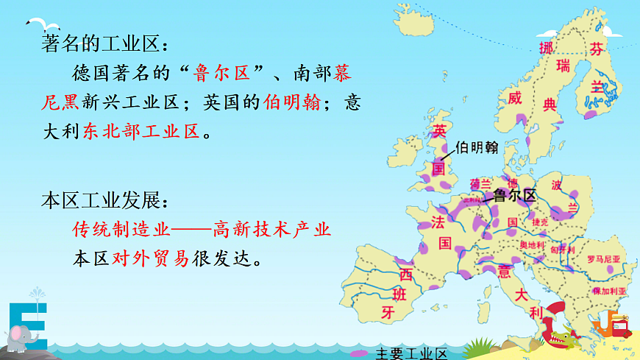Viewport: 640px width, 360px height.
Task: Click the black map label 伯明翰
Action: [x=477, y=147]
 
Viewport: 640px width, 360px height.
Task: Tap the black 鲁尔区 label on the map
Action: [x=515, y=195]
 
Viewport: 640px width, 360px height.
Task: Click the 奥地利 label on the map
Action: [x=531, y=244]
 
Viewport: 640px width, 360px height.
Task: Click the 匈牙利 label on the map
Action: [x=562, y=249]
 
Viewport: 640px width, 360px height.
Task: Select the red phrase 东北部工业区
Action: [x=141, y=132]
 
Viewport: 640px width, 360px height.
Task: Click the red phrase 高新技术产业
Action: [x=272, y=229]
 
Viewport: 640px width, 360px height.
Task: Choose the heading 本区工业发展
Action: [x=104, y=200]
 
